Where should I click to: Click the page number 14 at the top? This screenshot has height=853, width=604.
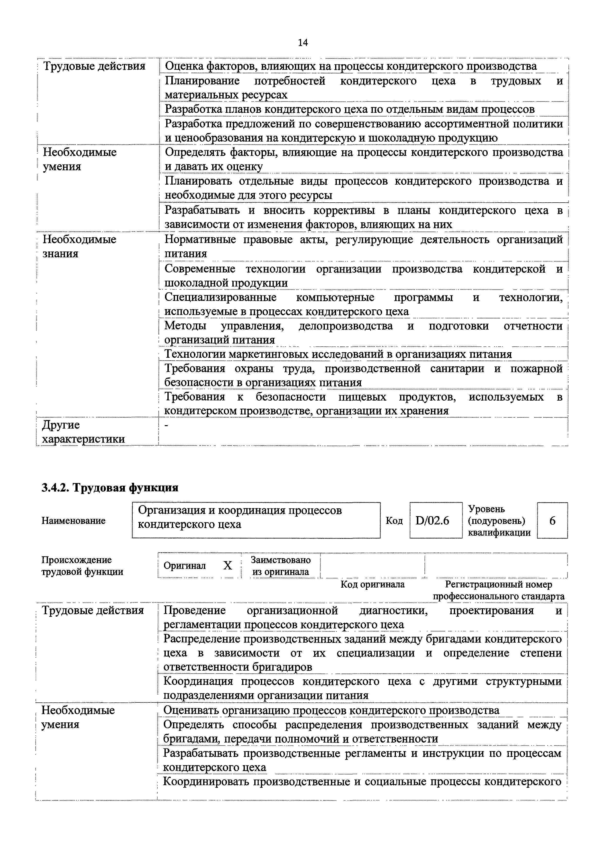pyautogui.click(x=303, y=43)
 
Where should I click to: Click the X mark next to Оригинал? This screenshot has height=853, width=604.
pyautogui.click(x=227, y=565)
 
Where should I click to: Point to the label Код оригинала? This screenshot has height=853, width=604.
pyautogui.click(x=372, y=584)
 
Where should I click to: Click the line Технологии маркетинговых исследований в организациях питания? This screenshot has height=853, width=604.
pyautogui.click(x=338, y=354)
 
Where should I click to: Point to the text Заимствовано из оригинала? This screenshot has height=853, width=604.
pyautogui.click(x=280, y=565)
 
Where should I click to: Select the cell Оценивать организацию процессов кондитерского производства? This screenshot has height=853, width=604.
pyautogui.click(x=331, y=710)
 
